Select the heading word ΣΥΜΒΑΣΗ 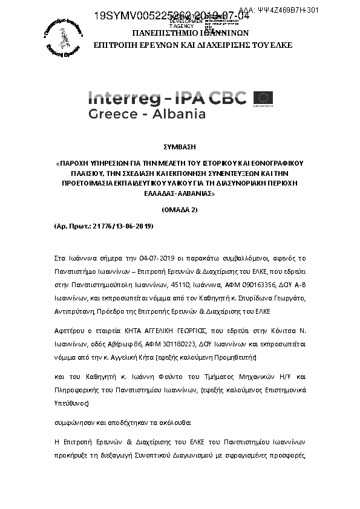(180, 147)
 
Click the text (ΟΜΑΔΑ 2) (180, 209)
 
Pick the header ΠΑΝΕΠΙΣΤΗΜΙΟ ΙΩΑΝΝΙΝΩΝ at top (180, 34)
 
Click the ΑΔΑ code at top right (313, 10)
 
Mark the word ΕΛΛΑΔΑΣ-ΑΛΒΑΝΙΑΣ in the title (179, 195)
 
